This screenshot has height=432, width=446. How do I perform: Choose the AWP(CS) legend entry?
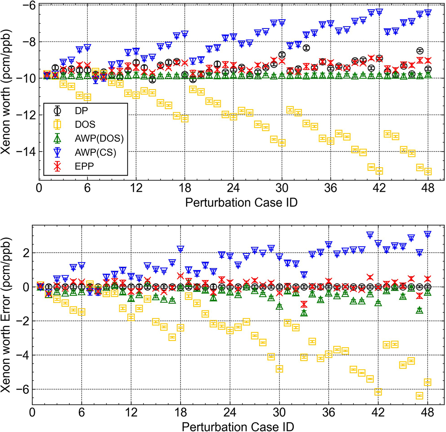[x=94, y=152]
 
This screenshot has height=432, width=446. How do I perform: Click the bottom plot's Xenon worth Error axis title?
[x=8, y=315]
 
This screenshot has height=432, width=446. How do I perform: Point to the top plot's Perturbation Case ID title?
[x=241, y=203]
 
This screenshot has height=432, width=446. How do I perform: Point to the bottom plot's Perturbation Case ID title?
[x=238, y=426]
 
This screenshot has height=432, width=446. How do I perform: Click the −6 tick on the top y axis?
[x=31, y=6]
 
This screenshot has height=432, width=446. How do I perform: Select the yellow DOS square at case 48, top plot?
[x=428, y=171]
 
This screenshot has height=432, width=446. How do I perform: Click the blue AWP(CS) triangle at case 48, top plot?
[x=428, y=13]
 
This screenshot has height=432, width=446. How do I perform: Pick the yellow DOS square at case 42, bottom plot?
[x=378, y=392]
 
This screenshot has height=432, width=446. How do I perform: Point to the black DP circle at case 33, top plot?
[x=306, y=48]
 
